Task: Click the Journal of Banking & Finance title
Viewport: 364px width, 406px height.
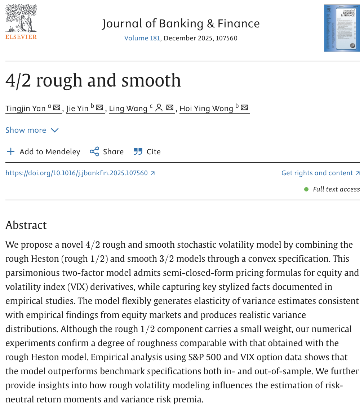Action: (181, 24)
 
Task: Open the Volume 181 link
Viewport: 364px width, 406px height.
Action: (142, 38)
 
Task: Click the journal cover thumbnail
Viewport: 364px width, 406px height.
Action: (342, 28)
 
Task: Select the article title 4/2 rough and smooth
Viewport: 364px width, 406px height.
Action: (93, 80)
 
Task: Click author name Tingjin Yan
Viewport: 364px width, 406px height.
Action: (26, 108)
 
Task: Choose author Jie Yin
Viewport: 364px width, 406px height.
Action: (77, 108)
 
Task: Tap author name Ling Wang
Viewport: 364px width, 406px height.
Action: (128, 108)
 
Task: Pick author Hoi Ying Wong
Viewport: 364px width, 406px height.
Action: (206, 108)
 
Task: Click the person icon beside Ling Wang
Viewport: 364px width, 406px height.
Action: (159, 108)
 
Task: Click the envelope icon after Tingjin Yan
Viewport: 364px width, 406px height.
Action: (57, 108)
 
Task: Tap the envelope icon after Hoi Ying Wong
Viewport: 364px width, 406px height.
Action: (245, 108)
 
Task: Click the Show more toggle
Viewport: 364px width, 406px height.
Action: (32, 130)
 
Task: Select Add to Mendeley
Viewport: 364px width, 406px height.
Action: (43, 152)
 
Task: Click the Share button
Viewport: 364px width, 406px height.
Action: (107, 152)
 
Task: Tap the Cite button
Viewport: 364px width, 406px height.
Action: (147, 152)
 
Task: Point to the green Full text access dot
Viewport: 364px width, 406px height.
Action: (306, 189)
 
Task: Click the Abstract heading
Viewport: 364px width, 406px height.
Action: (26, 225)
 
